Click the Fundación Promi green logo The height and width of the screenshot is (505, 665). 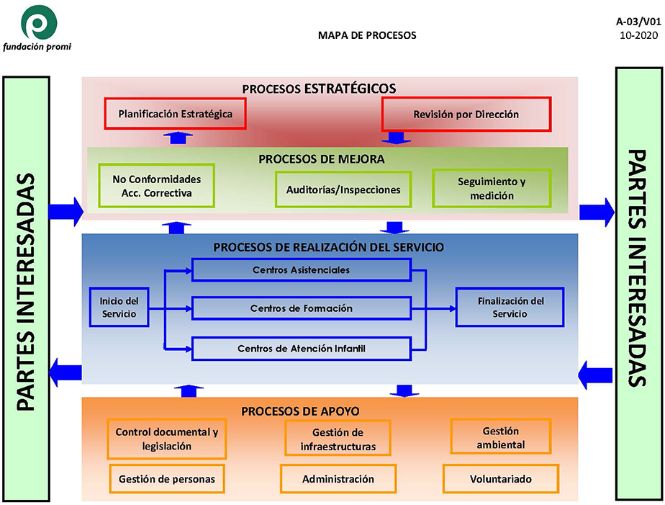pyautogui.click(x=40, y=22)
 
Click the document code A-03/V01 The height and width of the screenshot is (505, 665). pyautogui.click(x=638, y=22)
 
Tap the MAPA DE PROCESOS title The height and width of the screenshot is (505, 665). pyautogui.click(x=367, y=35)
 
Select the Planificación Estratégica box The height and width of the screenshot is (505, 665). pyautogui.click(x=175, y=114)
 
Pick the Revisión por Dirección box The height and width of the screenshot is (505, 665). pyautogui.click(x=466, y=114)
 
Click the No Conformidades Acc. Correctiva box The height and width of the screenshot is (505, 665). pyautogui.click(x=156, y=186)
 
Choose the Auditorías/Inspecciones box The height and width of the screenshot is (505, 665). pyautogui.click(x=343, y=189)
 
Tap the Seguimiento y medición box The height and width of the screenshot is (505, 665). pyautogui.click(x=492, y=189)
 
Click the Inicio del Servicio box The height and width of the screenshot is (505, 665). pyautogui.click(x=119, y=307)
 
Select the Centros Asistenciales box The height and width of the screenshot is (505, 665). pyautogui.click(x=301, y=270)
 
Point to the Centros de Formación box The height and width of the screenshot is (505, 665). pyautogui.click(x=301, y=308)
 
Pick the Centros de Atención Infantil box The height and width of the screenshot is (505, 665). pyautogui.click(x=301, y=349)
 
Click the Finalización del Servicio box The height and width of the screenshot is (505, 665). pyautogui.click(x=510, y=307)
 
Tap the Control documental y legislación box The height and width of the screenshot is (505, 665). pyautogui.click(x=167, y=439)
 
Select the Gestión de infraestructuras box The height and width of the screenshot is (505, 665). pyautogui.click(x=338, y=439)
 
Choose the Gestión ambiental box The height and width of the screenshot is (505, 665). pyautogui.click(x=500, y=437)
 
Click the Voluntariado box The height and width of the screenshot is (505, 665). pyautogui.click(x=500, y=478)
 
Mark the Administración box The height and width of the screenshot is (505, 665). pyautogui.click(x=338, y=478)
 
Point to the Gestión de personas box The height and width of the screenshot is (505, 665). pyautogui.click(x=167, y=478)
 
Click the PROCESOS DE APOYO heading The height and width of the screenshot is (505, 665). pyautogui.click(x=300, y=411)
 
